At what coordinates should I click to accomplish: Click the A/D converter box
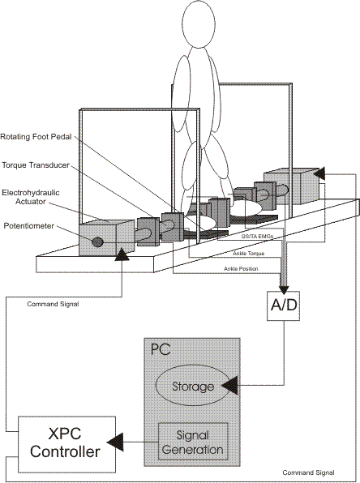[283, 306]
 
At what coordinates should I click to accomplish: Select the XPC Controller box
[66, 444]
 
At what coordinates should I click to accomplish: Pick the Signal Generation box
[193, 442]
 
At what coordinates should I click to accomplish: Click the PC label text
[161, 349]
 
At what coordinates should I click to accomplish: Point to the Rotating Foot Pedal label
[36, 136]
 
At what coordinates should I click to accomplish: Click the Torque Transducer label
[36, 165]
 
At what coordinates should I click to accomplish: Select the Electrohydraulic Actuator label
[31, 197]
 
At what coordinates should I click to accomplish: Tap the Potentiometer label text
[28, 226]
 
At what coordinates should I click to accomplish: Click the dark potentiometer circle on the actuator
[97, 241]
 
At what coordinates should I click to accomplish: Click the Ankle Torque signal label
[248, 253]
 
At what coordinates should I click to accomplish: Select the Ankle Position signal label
[241, 268]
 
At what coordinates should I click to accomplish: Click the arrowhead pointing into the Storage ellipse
[229, 385]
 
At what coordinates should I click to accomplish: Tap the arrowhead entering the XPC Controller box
[115, 442]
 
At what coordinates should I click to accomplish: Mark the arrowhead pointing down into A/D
[284, 289]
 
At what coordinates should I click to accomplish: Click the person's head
[199, 24]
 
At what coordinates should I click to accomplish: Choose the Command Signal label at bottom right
[308, 472]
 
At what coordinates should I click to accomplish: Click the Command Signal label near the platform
[53, 304]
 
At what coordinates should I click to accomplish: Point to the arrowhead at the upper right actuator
[319, 173]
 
